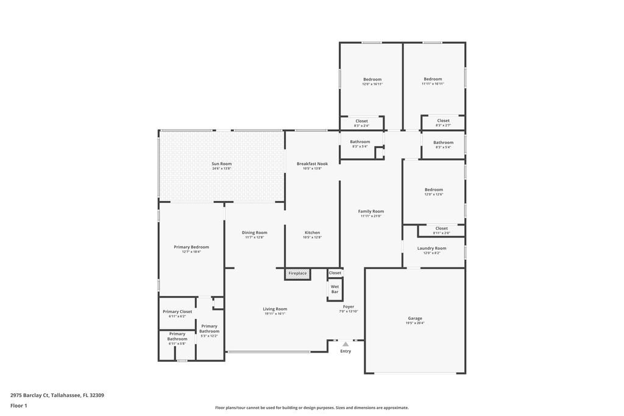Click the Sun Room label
coord(221,163)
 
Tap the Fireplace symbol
coord(297,274)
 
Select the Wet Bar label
coord(335,289)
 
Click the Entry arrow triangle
coord(346,344)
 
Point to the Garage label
coord(415,319)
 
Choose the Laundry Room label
coord(431,248)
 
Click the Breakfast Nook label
coord(312,163)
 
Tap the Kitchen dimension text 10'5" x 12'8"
coord(312,238)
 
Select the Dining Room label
coord(255,232)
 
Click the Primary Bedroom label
coord(191,247)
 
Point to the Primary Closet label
coord(177,311)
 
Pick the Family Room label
coord(370,211)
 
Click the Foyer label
coord(349,306)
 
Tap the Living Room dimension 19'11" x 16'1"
coord(275,314)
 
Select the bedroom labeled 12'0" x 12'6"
coord(434,189)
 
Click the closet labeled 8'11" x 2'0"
coord(441,228)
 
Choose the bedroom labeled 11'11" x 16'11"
coord(433,79)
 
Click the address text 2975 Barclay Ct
coord(30,395)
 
